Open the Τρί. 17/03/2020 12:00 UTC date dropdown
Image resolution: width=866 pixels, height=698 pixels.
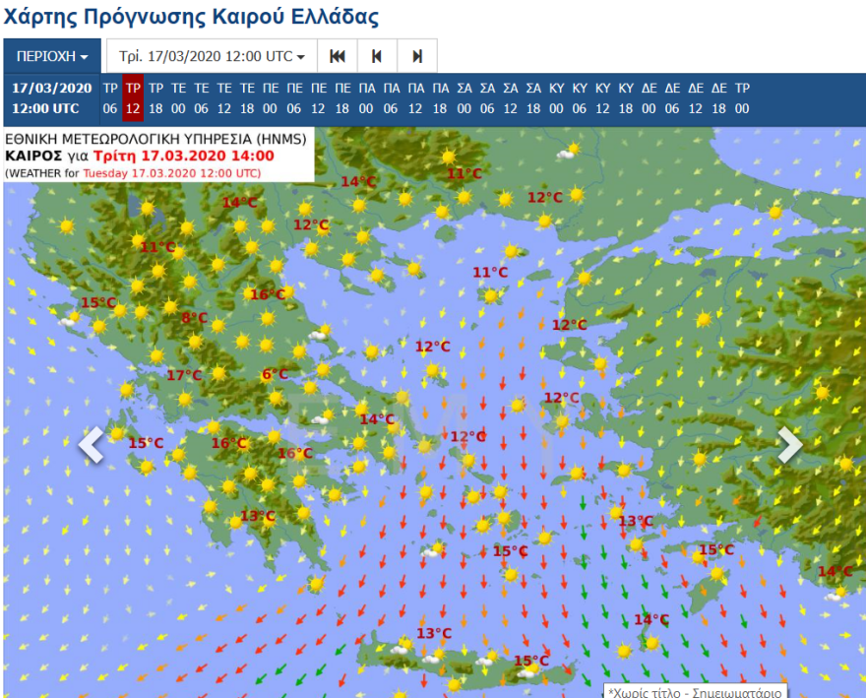pos(212,56)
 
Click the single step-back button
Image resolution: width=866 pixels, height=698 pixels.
pos(377,56)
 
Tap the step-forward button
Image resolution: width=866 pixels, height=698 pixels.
pos(417,56)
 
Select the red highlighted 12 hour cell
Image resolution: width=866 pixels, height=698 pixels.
pos(133,109)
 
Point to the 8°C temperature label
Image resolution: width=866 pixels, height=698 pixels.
pos(194,317)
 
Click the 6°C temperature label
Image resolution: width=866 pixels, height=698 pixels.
pos(275,374)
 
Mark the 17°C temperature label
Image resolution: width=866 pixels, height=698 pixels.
pos(183,375)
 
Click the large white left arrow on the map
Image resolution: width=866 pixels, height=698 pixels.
pos(92,444)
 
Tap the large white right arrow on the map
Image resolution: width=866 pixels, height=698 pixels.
pos(790,444)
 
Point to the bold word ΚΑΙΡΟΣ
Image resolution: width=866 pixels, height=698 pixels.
pos(34,157)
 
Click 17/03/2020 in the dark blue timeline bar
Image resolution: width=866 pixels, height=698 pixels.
pos(51,88)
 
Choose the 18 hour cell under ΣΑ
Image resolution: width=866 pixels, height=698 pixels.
pos(533,109)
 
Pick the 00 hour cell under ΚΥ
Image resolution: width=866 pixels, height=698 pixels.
pos(557,109)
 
